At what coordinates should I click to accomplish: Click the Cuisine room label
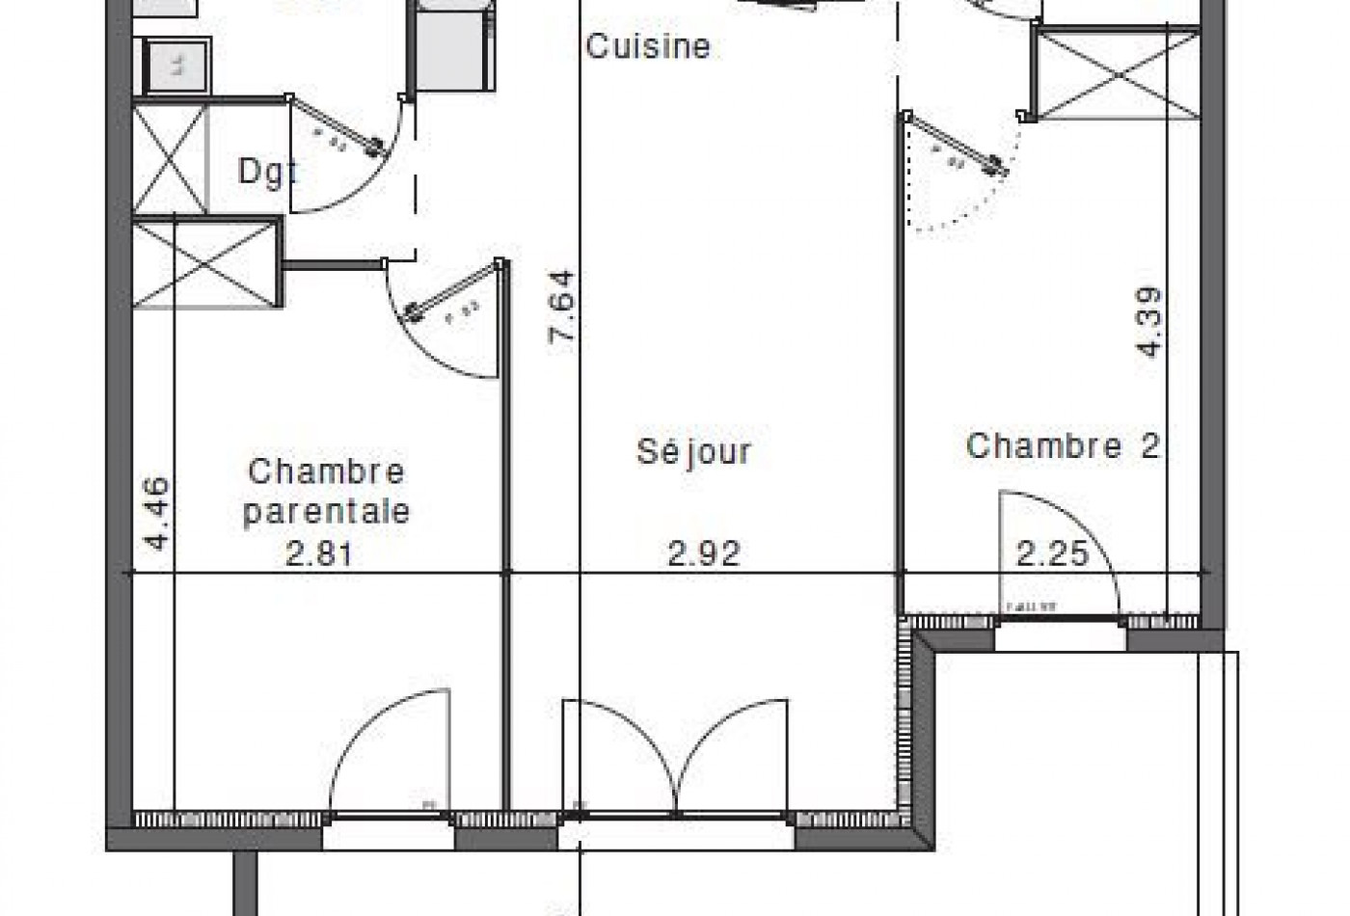pos(648,45)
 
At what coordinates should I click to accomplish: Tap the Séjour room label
pos(693,451)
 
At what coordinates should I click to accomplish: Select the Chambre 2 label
pos(1063,445)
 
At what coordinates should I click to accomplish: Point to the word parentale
pos(326,511)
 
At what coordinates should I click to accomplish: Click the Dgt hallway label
pos(266,172)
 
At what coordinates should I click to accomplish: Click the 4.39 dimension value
pos(1149,323)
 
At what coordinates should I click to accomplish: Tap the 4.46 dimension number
pos(156,514)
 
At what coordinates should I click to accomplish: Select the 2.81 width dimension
pos(320,553)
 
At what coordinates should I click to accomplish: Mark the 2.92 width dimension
pos(704,553)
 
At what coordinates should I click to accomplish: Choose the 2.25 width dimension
pos(1052,553)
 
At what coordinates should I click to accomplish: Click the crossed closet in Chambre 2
pos(1116,73)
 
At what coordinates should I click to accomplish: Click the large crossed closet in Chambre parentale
pos(205,264)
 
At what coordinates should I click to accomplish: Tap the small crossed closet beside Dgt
pos(170,160)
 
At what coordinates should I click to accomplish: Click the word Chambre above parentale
pos(326,471)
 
